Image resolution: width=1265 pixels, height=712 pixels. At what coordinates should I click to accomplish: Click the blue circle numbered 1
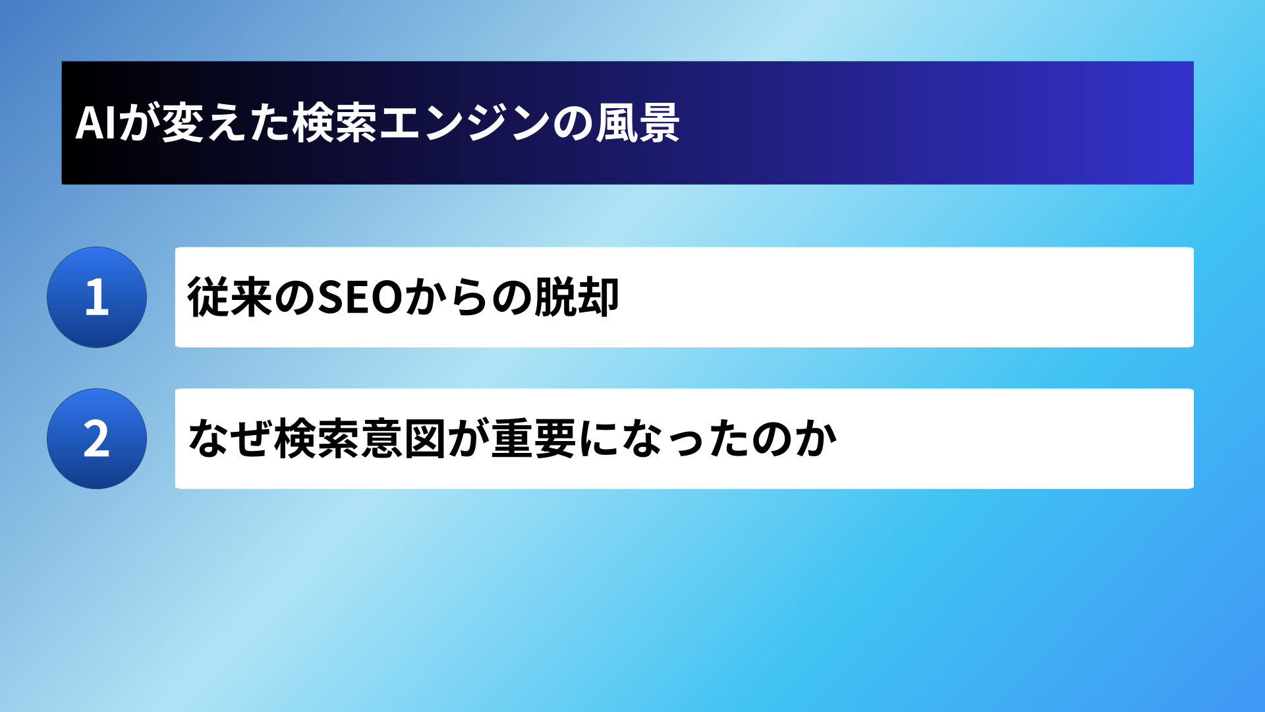(x=97, y=297)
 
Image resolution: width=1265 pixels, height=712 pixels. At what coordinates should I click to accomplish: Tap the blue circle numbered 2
(x=97, y=438)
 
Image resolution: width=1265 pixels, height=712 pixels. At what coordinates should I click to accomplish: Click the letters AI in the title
(x=96, y=123)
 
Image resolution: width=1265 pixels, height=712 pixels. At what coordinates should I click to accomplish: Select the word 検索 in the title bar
(x=335, y=123)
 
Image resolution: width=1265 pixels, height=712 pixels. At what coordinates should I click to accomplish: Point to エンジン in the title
(x=464, y=123)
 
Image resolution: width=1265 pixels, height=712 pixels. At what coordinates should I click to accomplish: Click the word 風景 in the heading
(x=638, y=123)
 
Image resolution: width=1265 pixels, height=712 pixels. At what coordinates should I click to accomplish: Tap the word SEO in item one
(x=360, y=297)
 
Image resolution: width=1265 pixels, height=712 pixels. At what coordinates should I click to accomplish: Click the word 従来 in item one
(x=230, y=297)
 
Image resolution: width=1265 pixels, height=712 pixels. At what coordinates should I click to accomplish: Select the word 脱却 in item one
(x=576, y=297)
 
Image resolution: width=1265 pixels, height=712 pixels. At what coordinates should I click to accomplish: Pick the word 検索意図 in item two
(x=361, y=438)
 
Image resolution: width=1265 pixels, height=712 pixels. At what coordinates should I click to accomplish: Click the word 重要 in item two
(x=534, y=438)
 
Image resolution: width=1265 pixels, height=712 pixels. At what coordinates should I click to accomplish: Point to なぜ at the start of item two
(x=231, y=438)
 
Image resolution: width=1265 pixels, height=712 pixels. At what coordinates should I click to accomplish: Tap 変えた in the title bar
(x=226, y=123)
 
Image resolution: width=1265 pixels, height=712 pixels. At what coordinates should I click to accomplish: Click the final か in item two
(x=816, y=438)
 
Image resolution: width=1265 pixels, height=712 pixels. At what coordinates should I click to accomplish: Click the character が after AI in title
(x=140, y=123)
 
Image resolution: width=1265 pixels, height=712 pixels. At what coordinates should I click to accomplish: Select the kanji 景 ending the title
(x=659, y=123)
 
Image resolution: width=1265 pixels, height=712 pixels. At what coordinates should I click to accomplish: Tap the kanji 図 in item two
(x=426, y=438)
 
